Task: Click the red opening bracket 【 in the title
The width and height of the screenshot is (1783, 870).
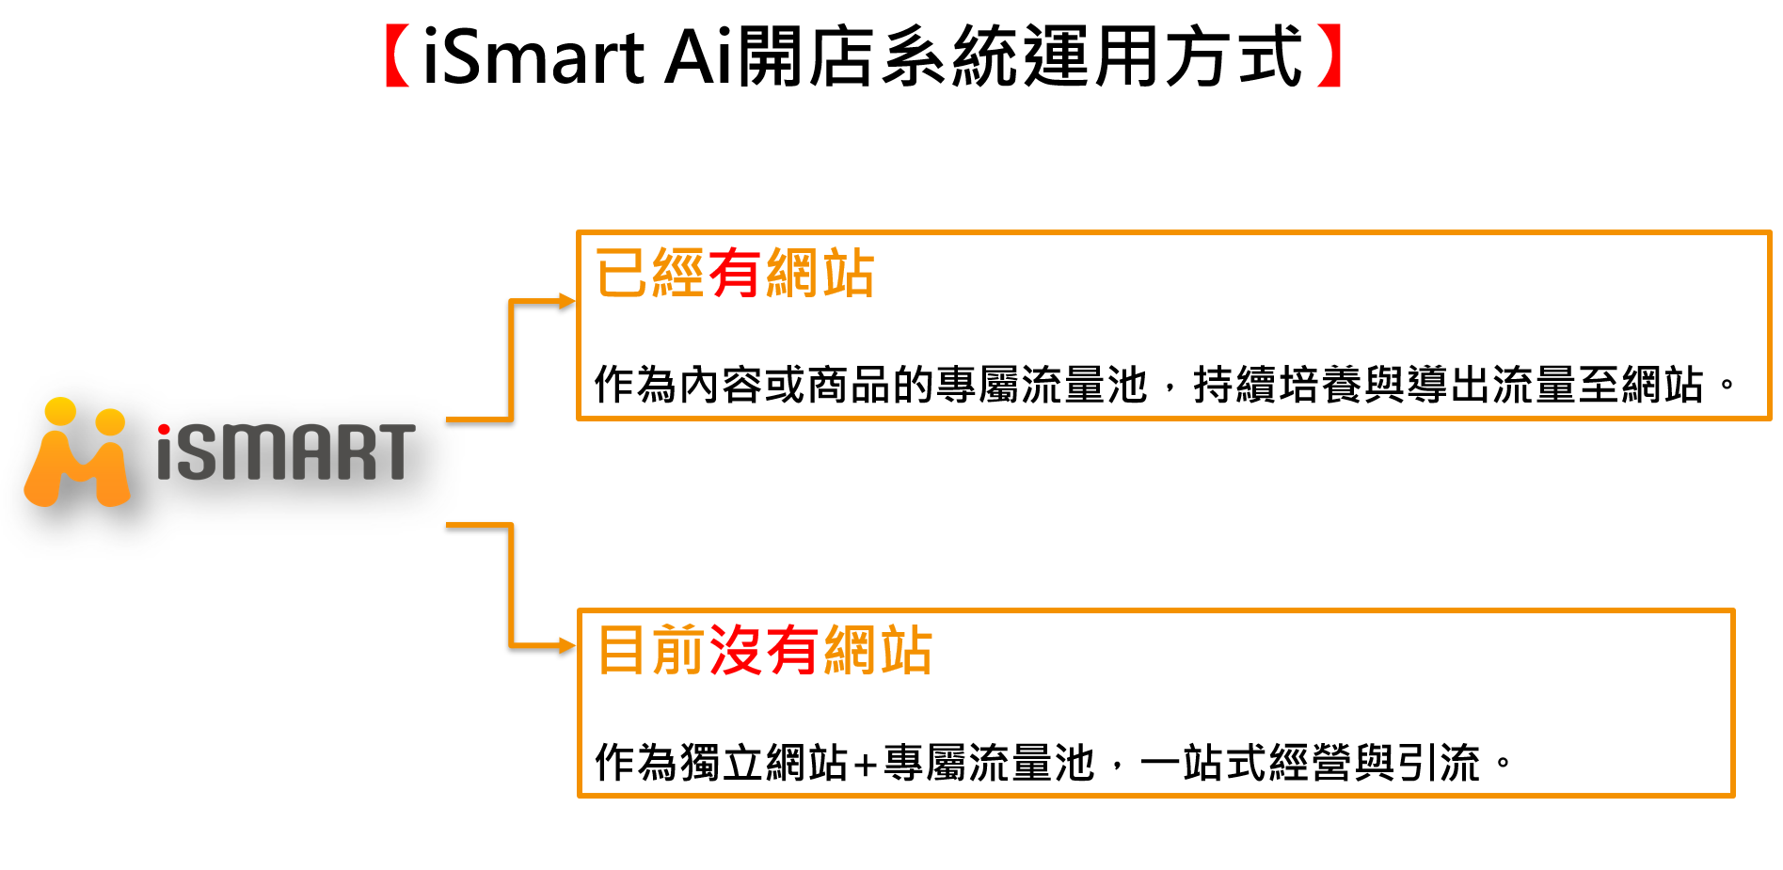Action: [397, 56]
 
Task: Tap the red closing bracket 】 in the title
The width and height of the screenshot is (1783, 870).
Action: [1329, 56]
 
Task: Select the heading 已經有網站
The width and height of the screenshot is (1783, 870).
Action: [735, 274]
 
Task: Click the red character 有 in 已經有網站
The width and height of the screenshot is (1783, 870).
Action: [735, 274]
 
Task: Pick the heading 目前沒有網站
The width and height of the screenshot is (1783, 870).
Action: [764, 650]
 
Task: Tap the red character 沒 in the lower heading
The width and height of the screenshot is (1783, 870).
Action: [737, 650]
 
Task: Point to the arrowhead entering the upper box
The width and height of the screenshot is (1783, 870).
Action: [566, 301]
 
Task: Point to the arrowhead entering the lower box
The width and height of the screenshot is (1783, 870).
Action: [566, 645]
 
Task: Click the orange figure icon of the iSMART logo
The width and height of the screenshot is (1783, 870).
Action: [77, 452]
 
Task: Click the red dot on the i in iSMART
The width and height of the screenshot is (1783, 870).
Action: [165, 431]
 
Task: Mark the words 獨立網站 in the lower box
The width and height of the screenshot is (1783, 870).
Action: [764, 763]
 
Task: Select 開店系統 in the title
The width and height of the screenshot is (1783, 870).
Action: [878, 57]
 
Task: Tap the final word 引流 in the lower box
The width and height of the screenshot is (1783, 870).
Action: [1440, 763]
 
